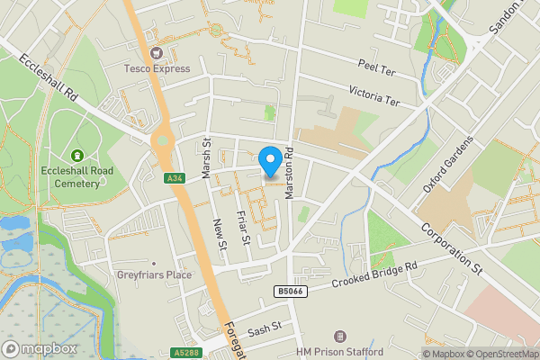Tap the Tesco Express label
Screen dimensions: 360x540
coord(157,68)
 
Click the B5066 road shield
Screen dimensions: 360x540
coord(288,292)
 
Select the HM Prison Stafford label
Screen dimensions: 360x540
coord(340,351)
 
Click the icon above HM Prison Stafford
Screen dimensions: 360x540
coord(340,336)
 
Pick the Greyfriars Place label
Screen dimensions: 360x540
coord(154,274)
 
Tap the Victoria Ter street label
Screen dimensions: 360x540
coord(373,95)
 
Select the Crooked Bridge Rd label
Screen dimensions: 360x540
coord(376,275)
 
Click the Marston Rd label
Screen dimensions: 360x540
coord(290,173)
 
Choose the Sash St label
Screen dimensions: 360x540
coord(265,331)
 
